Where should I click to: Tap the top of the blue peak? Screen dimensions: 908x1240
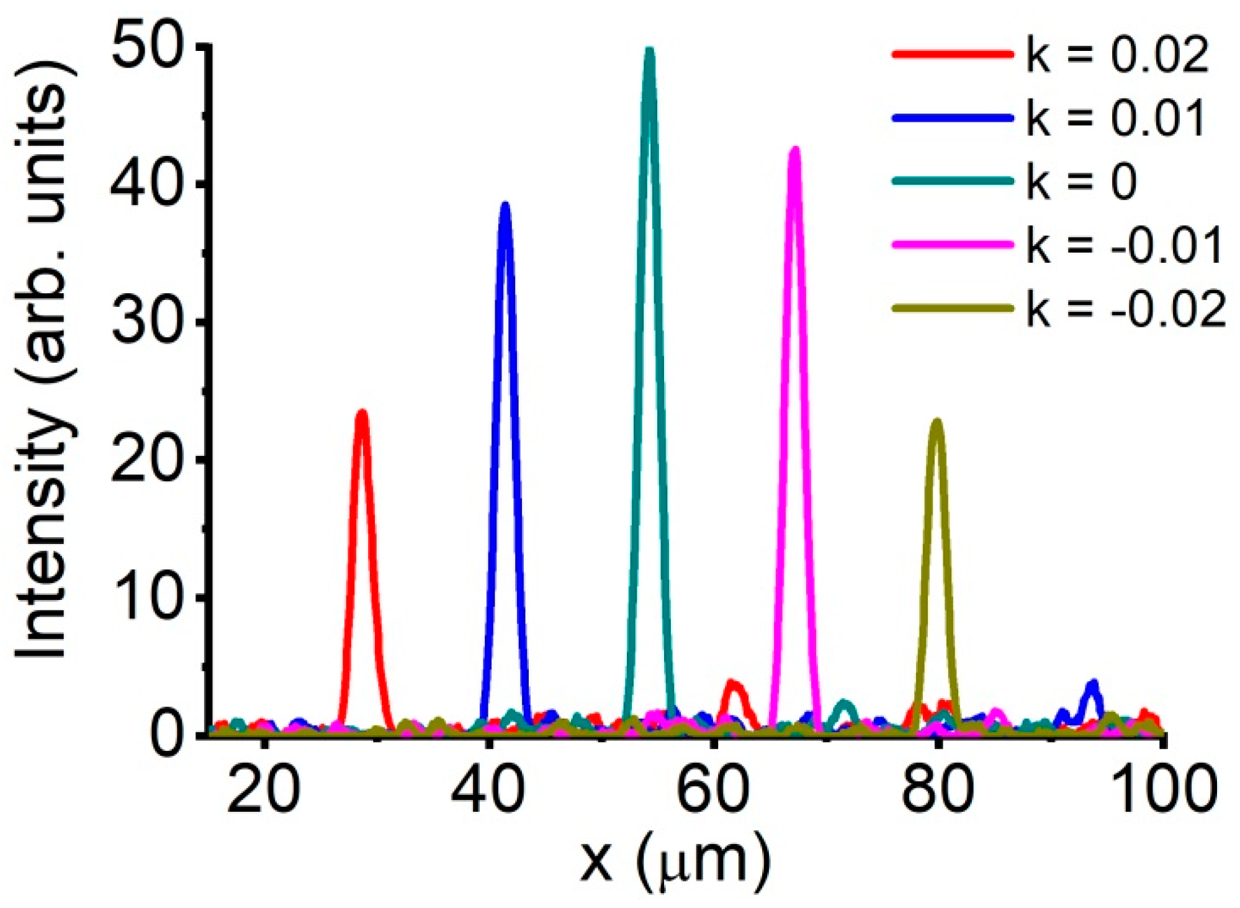click(x=506, y=205)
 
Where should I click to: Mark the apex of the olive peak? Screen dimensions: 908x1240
click(x=937, y=421)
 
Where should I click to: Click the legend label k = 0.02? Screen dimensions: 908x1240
click(x=1117, y=56)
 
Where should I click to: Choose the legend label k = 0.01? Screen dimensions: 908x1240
click(x=1116, y=118)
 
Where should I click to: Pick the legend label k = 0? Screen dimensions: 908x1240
click(x=1081, y=182)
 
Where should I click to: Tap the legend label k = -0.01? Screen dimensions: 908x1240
click(x=1125, y=245)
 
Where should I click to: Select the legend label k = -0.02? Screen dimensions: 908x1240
click(x=1126, y=309)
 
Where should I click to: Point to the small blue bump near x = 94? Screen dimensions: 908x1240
click(x=1093, y=683)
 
